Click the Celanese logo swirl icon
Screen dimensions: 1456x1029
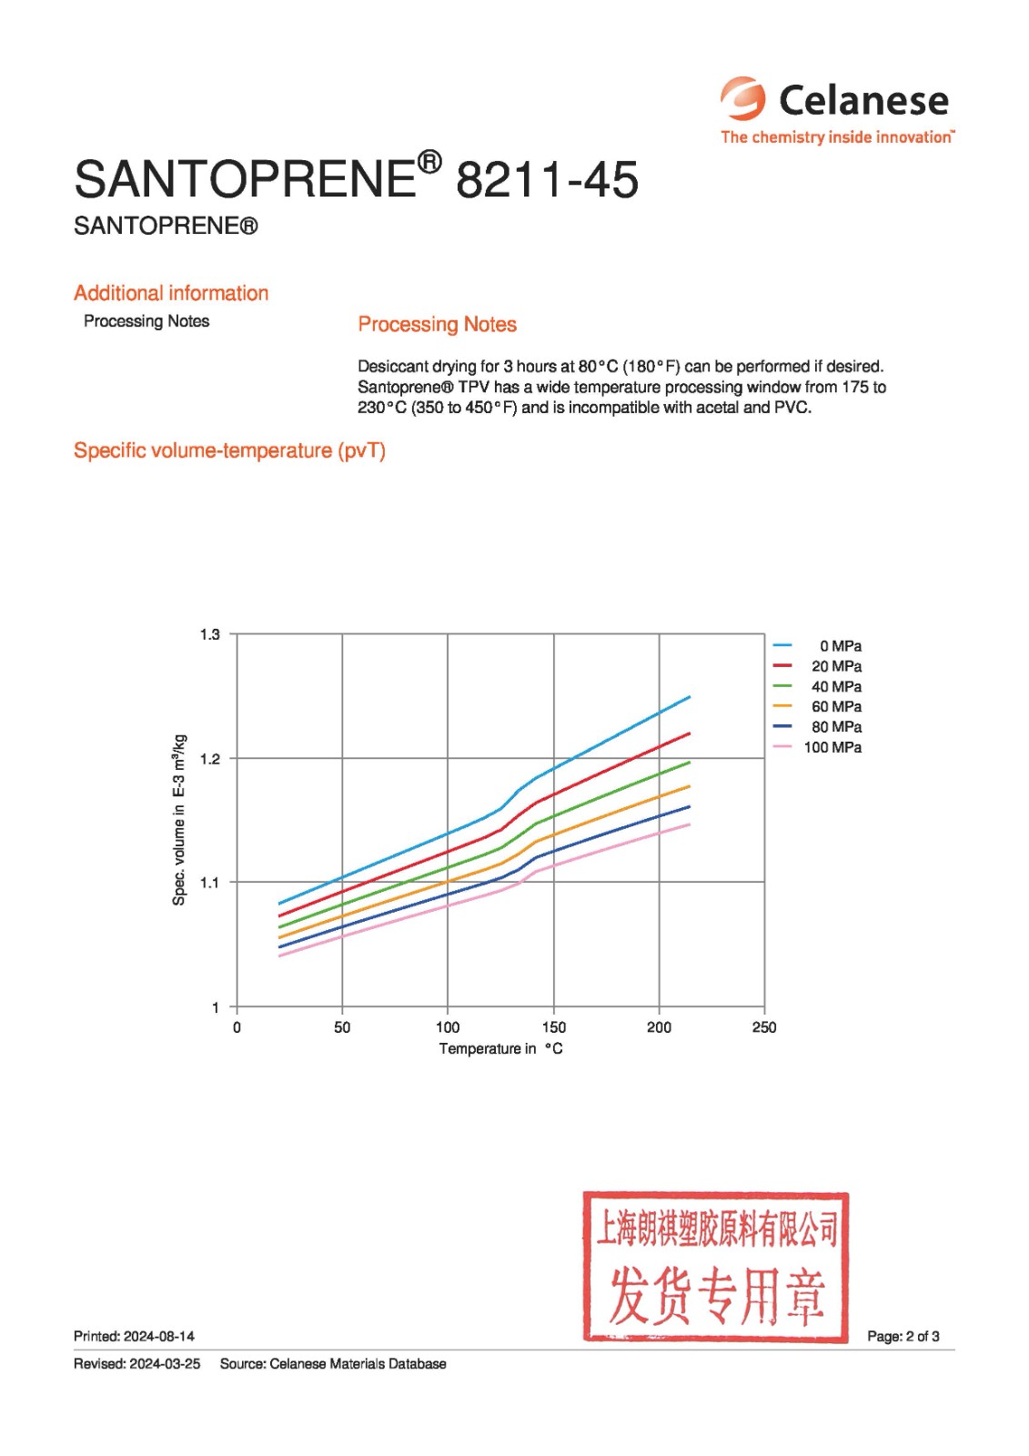click(x=743, y=98)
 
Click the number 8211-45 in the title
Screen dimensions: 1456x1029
click(x=547, y=179)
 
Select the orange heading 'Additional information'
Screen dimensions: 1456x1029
click(x=171, y=293)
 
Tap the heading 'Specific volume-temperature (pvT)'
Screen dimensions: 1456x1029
click(x=229, y=450)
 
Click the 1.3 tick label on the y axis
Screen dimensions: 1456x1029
click(x=210, y=634)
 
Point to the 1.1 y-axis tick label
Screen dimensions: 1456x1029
click(x=210, y=882)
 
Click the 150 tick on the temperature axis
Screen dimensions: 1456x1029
click(x=553, y=1027)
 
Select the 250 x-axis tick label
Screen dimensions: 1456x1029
click(x=764, y=1027)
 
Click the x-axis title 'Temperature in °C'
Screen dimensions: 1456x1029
click(x=500, y=1049)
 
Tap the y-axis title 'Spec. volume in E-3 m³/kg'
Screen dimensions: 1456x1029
click(x=179, y=820)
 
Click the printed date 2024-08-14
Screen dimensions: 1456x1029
click(x=159, y=1337)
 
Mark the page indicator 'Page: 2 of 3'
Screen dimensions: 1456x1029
click(x=903, y=1337)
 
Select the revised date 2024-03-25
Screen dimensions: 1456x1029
click(x=165, y=1364)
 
